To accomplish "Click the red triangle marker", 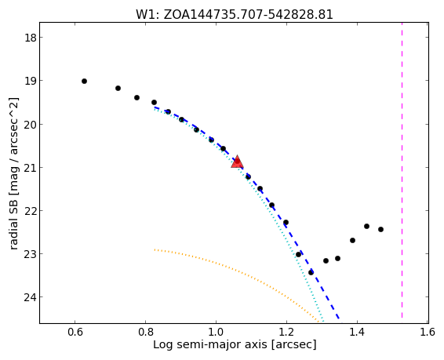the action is coord(237,162).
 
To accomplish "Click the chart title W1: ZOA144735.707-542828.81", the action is coord(235,14).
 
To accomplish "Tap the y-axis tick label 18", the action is coord(31,38).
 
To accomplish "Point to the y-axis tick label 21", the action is coord(31,168).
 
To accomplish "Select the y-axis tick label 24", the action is coord(31,297).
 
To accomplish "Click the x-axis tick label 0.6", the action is coord(75,332).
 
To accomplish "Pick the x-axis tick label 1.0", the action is coord(216,332).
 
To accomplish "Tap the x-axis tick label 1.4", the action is coord(358,332).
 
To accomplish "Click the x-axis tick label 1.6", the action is coord(428,332).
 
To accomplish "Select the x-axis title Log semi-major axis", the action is coord(210,345).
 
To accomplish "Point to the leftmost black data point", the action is coord(84,82).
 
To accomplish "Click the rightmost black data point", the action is coord(381,229).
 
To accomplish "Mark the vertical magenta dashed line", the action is coord(402,173).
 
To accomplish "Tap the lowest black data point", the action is coord(311,272).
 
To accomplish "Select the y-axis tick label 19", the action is coord(31,81).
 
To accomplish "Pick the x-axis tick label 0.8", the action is coord(146,332).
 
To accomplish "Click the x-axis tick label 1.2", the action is coord(286,332).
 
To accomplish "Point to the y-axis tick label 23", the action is coord(31,254).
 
